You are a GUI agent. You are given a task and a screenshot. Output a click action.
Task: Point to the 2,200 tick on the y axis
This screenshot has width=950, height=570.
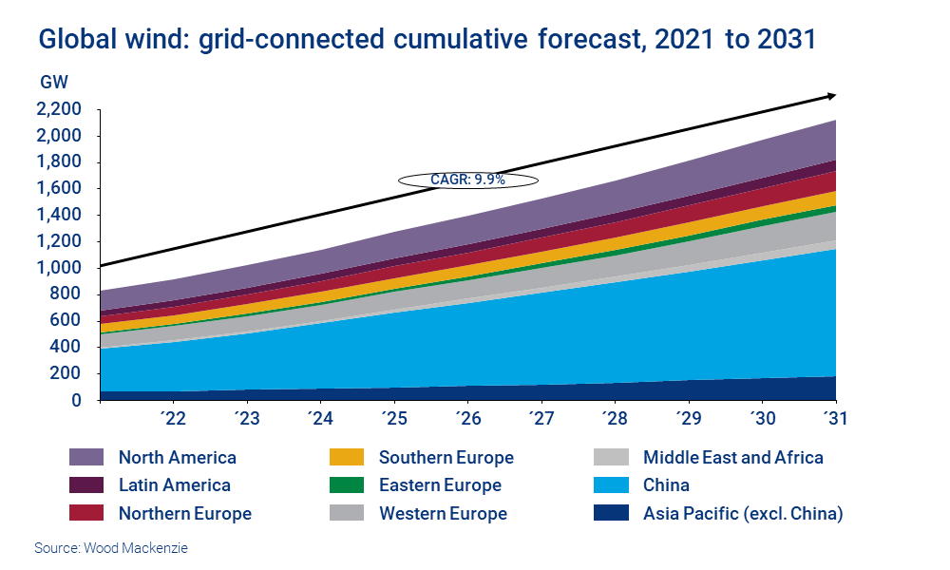coord(59,109)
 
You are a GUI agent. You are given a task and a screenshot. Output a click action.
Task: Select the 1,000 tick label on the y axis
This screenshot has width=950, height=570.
coord(59,268)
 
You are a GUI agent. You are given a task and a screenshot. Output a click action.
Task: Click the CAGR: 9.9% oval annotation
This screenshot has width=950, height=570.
coord(468,179)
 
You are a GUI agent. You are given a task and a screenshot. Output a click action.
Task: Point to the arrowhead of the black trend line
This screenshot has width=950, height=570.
coord(831,95)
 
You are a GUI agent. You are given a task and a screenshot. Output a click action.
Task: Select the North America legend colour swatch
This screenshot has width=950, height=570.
coord(86,458)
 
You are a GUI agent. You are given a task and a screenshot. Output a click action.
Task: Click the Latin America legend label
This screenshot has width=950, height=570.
coord(174,485)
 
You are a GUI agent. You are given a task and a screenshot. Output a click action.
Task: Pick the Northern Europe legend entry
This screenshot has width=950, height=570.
coord(184,514)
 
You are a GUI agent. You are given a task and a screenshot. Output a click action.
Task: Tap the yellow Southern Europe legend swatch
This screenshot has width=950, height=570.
coord(347,458)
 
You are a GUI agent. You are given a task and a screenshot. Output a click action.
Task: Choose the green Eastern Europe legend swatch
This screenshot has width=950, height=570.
coord(347,485)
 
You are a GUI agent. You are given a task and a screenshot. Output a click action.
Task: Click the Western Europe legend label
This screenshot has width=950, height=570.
coord(443,514)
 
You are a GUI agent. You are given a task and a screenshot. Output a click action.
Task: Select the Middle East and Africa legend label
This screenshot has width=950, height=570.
coord(732,458)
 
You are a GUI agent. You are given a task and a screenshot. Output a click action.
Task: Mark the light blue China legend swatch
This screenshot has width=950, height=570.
coord(611,485)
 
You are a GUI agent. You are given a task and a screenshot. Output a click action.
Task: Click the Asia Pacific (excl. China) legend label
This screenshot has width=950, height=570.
coord(743,514)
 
